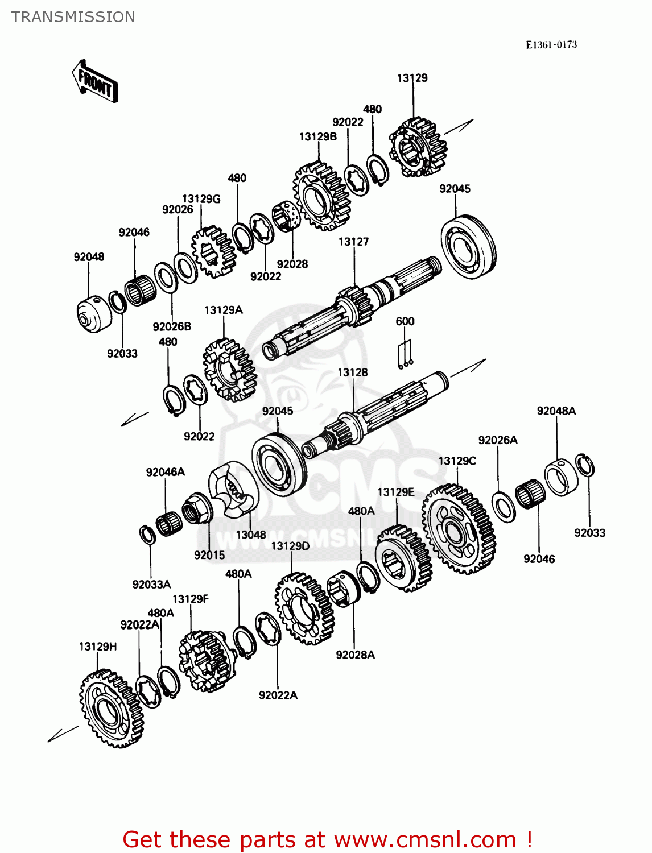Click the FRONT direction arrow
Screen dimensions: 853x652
point(95,81)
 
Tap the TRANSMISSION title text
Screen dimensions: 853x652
point(73,17)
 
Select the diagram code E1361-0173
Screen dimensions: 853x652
point(551,45)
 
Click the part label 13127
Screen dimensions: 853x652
point(353,242)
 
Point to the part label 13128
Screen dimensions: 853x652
point(352,372)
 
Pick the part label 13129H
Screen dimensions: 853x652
point(98,647)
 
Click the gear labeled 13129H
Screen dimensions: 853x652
point(111,708)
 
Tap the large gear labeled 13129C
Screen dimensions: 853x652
point(458,529)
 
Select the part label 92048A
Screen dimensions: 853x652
point(556,411)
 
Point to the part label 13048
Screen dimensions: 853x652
point(251,535)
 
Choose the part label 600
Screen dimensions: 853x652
point(405,321)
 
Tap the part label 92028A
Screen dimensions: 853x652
point(355,655)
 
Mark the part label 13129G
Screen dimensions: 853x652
point(201,199)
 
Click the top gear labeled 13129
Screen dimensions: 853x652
point(418,148)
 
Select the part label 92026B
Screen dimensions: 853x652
point(172,326)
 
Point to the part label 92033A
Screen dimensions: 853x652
point(151,585)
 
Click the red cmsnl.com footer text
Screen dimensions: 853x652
point(327,839)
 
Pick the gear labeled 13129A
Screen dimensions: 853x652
point(229,370)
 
